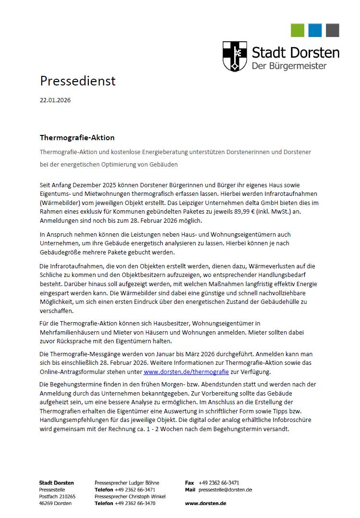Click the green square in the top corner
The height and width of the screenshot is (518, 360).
click(x=298, y=30)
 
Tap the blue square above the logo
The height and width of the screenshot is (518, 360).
click(x=315, y=30)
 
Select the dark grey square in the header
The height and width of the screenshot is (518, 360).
click(x=332, y=30)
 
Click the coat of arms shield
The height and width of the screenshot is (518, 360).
click(x=235, y=56)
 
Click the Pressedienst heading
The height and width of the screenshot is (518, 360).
click(x=78, y=81)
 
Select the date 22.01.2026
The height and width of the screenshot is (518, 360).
click(x=55, y=100)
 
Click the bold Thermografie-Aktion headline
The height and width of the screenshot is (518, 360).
click(x=77, y=138)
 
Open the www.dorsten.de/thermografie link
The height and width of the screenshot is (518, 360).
click(x=186, y=372)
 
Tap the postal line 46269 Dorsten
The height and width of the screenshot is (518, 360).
click(x=55, y=503)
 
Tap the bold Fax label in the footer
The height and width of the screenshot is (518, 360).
click(x=190, y=483)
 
